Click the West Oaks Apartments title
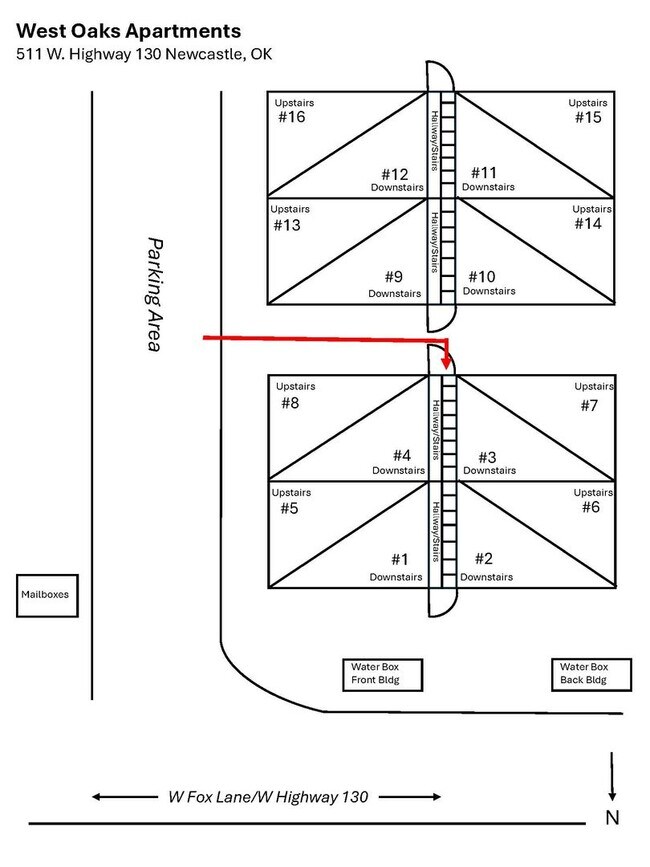point(129,31)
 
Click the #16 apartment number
point(291,118)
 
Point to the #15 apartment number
point(588,118)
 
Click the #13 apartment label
point(287,225)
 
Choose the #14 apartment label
point(588,224)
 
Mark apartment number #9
point(393,277)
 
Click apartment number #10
point(482,276)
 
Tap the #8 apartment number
point(290,403)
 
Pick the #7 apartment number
point(589,405)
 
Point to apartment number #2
point(484,559)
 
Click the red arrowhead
point(445,365)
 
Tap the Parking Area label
point(154,294)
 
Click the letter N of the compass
point(612,818)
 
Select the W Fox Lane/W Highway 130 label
point(267,797)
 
